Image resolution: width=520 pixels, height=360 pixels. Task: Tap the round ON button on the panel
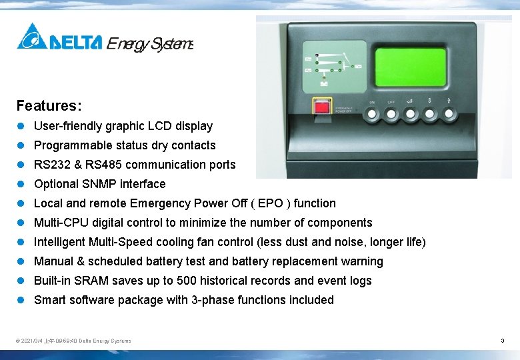coord(372,115)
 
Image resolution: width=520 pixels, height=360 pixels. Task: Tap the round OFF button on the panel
coord(391,115)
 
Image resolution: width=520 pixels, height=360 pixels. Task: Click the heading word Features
coord(49,106)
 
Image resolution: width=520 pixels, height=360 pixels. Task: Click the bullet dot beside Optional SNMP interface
coord(21,184)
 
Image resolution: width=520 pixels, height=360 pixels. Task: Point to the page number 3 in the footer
coord(502,341)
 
